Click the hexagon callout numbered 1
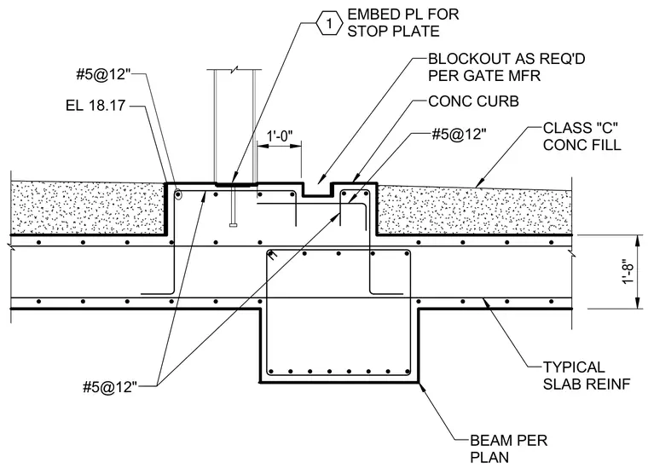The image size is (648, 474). pyautogui.click(x=329, y=24)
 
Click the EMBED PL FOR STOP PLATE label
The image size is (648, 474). pyautogui.click(x=403, y=23)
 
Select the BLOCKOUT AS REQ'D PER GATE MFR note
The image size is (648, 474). pyautogui.click(x=506, y=67)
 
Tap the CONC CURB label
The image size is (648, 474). pyautogui.click(x=473, y=101)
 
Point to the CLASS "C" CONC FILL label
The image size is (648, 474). pyautogui.click(x=581, y=136)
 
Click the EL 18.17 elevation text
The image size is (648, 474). pyautogui.click(x=95, y=106)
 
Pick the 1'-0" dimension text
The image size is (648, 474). pyautogui.click(x=280, y=136)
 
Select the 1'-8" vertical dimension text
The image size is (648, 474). pyautogui.click(x=628, y=271)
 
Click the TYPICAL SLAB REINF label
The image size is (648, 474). pyautogui.click(x=587, y=375)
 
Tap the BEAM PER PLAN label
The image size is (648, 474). pyautogui.click(x=509, y=448)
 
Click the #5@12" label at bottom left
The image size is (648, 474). pyautogui.click(x=110, y=387)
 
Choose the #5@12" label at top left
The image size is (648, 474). pyautogui.click(x=103, y=75)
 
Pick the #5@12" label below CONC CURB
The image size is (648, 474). pyautogui.click(x=459, y=135)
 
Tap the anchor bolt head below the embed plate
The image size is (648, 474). pyautogui.click(x=234, y=225)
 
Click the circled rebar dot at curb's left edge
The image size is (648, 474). pyautogui.click(x=177, y=194)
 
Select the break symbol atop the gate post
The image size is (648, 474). pyautogui.click(x=234, y=70)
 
